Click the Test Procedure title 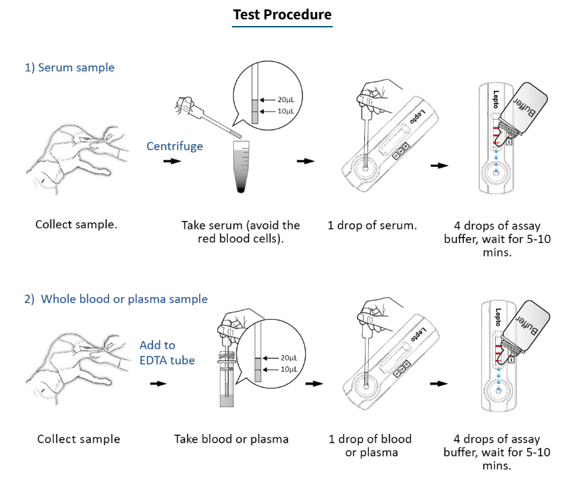pos(282,15)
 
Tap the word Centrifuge pos(174,146)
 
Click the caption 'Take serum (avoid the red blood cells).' pos(241,232)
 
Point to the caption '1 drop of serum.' pos(372,225)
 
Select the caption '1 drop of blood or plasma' pos(372,445)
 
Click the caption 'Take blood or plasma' pos(231,439)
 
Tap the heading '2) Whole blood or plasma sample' pos(116,299)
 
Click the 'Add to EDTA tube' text pos(167,352)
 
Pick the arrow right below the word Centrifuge pos(172,162)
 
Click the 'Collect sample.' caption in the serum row pos(76,224)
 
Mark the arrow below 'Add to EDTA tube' pos(158,384)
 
